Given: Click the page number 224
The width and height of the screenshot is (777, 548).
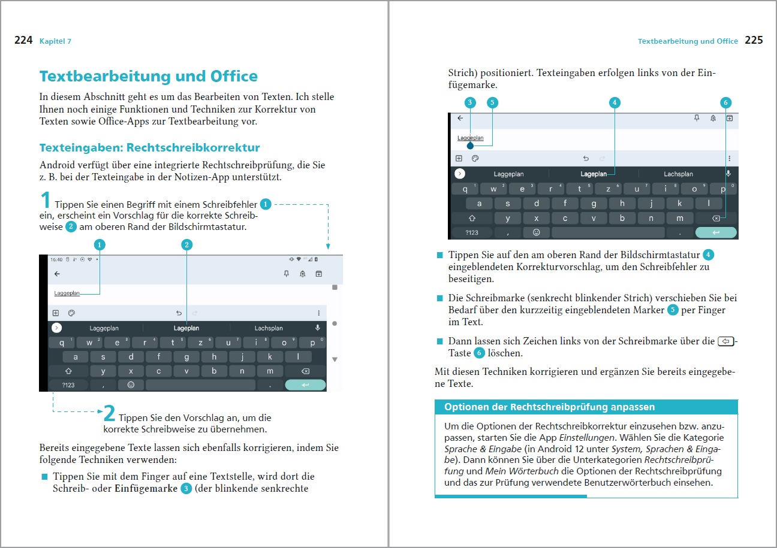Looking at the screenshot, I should click(x=23, y=41).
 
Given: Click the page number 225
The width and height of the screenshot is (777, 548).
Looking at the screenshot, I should click(x=754, y=41).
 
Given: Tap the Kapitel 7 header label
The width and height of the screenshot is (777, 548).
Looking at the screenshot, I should click(x=55, y=41).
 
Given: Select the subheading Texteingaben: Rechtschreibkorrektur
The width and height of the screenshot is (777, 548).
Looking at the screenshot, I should click(x=149, y=147).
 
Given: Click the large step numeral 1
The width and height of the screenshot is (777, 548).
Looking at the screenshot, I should click(x=46, y=200).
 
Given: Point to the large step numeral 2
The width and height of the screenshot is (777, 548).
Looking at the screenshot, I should click(x=109, y=413).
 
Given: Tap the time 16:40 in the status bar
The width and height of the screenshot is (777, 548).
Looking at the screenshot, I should click(x=56, y=260).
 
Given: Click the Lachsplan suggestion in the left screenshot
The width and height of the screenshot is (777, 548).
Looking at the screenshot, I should click(x=269, y=328).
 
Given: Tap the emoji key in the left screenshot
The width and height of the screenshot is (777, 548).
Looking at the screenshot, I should click(x=131, y=384).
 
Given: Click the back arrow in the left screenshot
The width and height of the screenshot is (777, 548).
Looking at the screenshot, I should click(x=57, y=274).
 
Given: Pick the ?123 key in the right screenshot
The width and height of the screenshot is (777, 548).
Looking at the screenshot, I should click(x=472, y=232).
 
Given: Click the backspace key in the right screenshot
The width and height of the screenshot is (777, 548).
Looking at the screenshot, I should click(x=715, y=219).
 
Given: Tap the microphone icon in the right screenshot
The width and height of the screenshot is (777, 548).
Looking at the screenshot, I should click(x=728, y=174).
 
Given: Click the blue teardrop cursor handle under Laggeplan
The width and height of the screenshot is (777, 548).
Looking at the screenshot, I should click(x=470, y=145).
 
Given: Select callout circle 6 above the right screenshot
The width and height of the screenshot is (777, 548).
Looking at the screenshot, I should click(x=725, y=102).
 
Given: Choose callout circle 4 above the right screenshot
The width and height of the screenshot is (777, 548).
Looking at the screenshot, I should click(x=615, y=102).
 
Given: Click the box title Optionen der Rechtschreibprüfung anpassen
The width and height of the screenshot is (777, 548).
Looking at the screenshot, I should click(x=549, y=407).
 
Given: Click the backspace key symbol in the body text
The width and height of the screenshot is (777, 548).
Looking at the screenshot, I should click(x=725, y=341).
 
